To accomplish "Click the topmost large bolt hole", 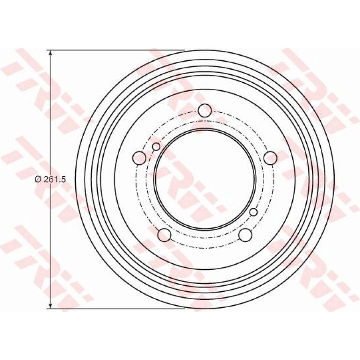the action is [x=205, y=110].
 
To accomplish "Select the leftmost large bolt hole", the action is [x=139, y=158].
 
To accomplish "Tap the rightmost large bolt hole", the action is [x=270, y=158].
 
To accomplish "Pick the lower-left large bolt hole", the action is [x=165, y=235].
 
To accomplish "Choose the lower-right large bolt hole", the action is [x=245, y=235].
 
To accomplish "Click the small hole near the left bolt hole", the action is [x=156, y=146].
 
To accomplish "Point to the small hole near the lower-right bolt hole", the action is [x=253, y=212].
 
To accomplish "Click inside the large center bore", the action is [x=205, y=179].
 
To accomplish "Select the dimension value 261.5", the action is [x=55, y=180].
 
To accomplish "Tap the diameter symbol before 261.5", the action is [x=38, y=180].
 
